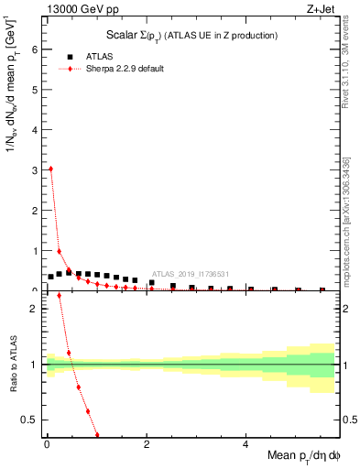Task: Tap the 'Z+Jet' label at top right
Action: tap(321, 10)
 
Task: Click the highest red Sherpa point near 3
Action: tap(50, 169)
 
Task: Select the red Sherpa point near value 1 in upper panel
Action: tap(60, 251)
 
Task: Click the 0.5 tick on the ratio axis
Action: tap(34, 420)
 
